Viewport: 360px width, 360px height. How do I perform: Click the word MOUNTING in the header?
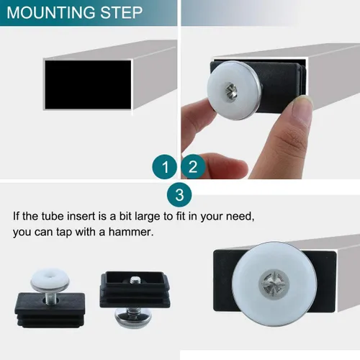(51, 12)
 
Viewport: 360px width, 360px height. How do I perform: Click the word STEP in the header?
(122, 12)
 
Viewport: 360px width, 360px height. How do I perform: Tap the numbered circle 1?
(165, 167)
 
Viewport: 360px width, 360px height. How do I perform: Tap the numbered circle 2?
(193, 166)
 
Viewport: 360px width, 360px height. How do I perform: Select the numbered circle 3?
(179, 194)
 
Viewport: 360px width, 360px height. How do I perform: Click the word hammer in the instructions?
(131, 232)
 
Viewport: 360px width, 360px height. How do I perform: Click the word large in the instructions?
(148, 217)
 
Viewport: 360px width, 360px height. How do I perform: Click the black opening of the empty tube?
(88, 85)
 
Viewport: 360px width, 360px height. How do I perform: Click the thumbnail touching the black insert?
(303, 102)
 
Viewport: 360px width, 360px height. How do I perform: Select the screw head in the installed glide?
(274, 284)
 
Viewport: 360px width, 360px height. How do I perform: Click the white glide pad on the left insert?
(50, 279)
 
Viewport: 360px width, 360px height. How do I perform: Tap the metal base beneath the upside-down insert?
(130, 318)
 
